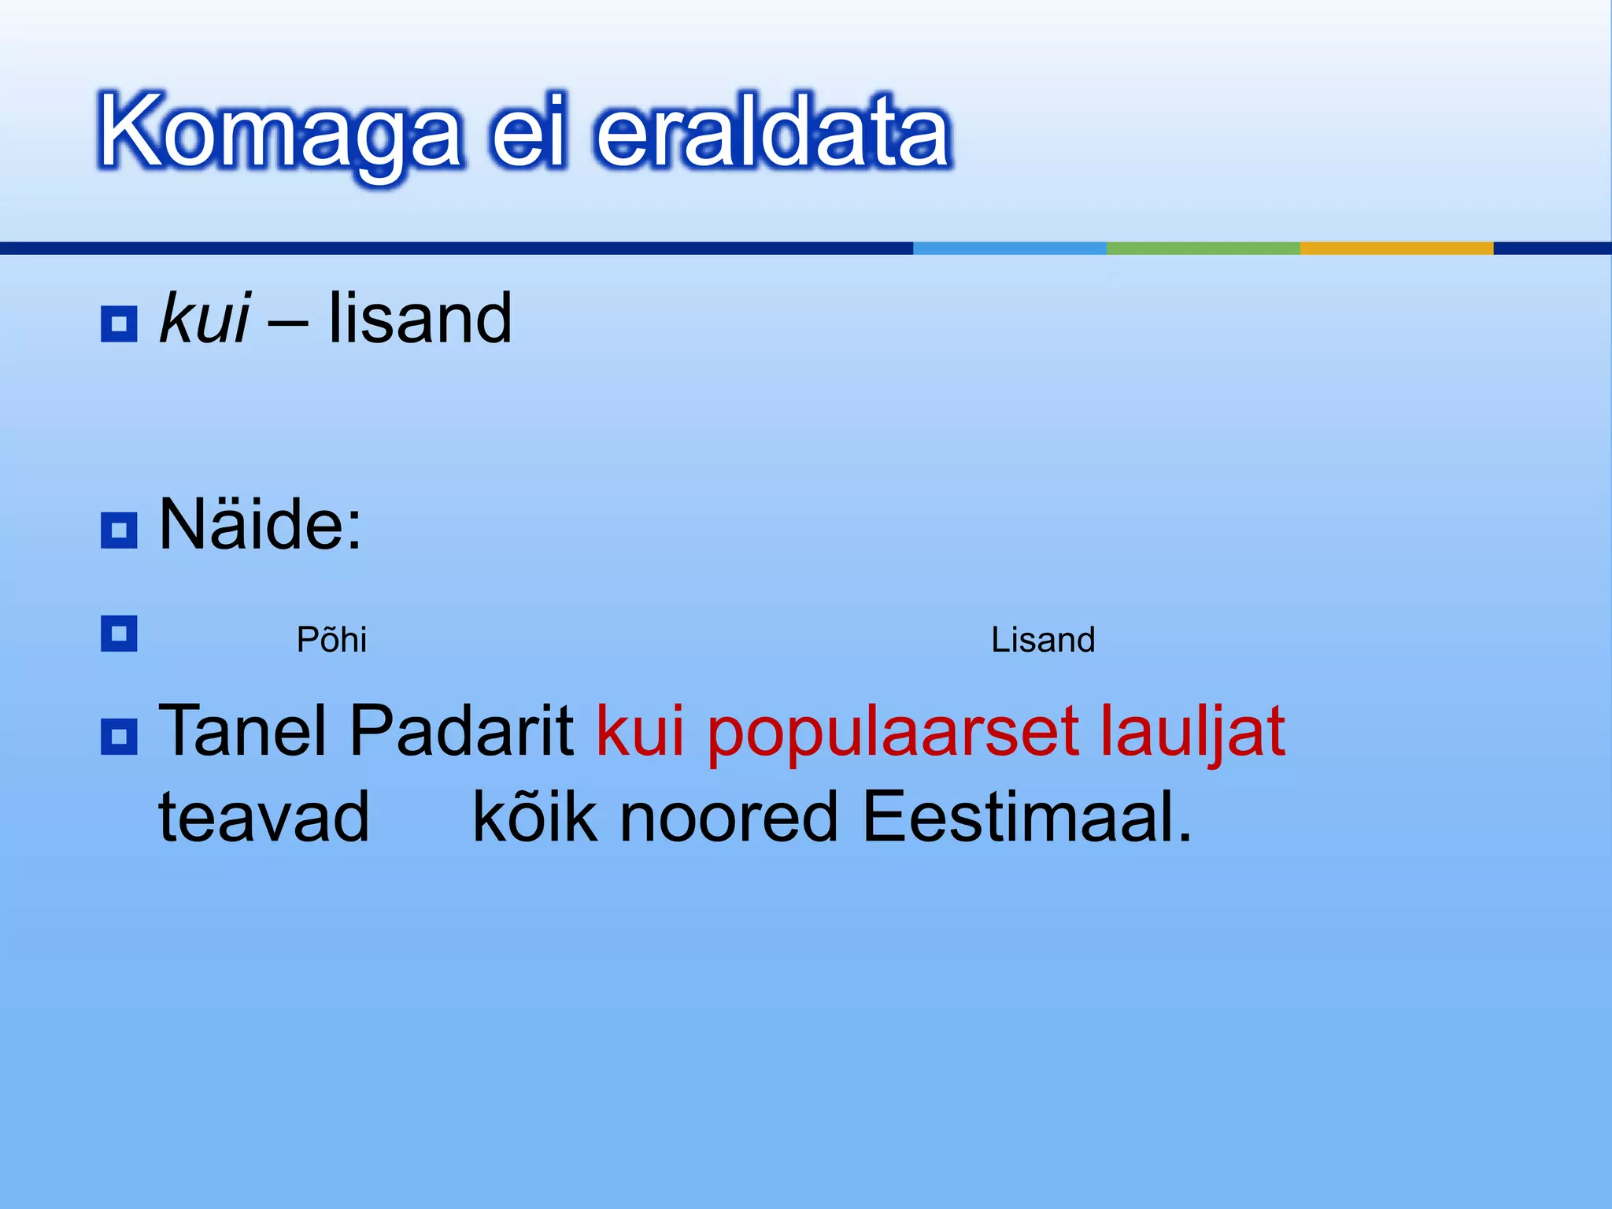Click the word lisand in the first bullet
tap(420, 319)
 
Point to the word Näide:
tap(260, 525)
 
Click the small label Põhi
tap(331, 640)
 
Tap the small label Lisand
tap(1043, 640)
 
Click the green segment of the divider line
tap(1203, 248)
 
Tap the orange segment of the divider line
tap(1396, 248)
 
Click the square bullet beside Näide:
tap(119, 530)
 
